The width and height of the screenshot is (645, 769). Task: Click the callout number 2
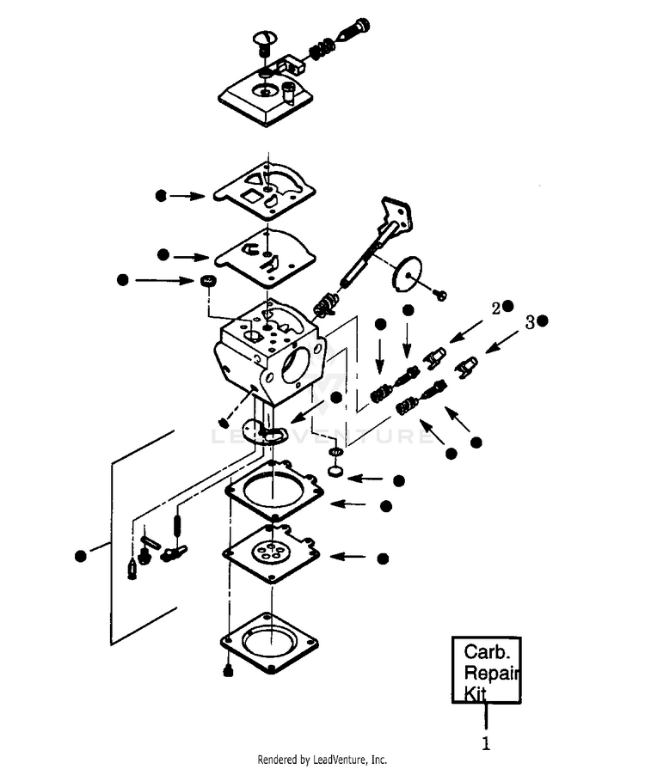496,308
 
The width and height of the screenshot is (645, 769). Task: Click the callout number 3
530,323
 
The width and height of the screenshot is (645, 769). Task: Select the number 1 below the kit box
485,743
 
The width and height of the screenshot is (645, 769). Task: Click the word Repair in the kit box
491,673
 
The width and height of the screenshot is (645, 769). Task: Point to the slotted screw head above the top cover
265,40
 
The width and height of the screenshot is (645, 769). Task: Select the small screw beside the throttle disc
440,294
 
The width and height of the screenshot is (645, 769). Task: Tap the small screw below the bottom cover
227,670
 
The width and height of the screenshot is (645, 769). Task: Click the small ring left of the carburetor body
208,281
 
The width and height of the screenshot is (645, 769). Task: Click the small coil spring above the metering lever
177,524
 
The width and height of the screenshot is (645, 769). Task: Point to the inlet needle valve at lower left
132,570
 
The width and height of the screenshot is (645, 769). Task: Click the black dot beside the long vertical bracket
81,556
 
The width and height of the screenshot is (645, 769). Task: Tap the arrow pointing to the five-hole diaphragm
348,557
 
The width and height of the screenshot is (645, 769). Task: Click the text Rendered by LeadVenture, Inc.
322,760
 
